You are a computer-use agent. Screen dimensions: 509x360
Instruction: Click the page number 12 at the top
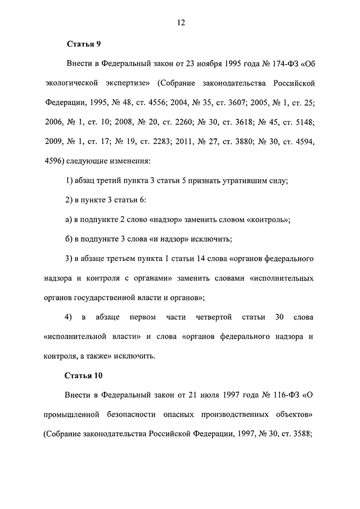point(180,22)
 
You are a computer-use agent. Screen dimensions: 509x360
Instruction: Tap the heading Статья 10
point(85,375)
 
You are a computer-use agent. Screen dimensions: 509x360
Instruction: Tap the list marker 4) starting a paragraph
point(69,317)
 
